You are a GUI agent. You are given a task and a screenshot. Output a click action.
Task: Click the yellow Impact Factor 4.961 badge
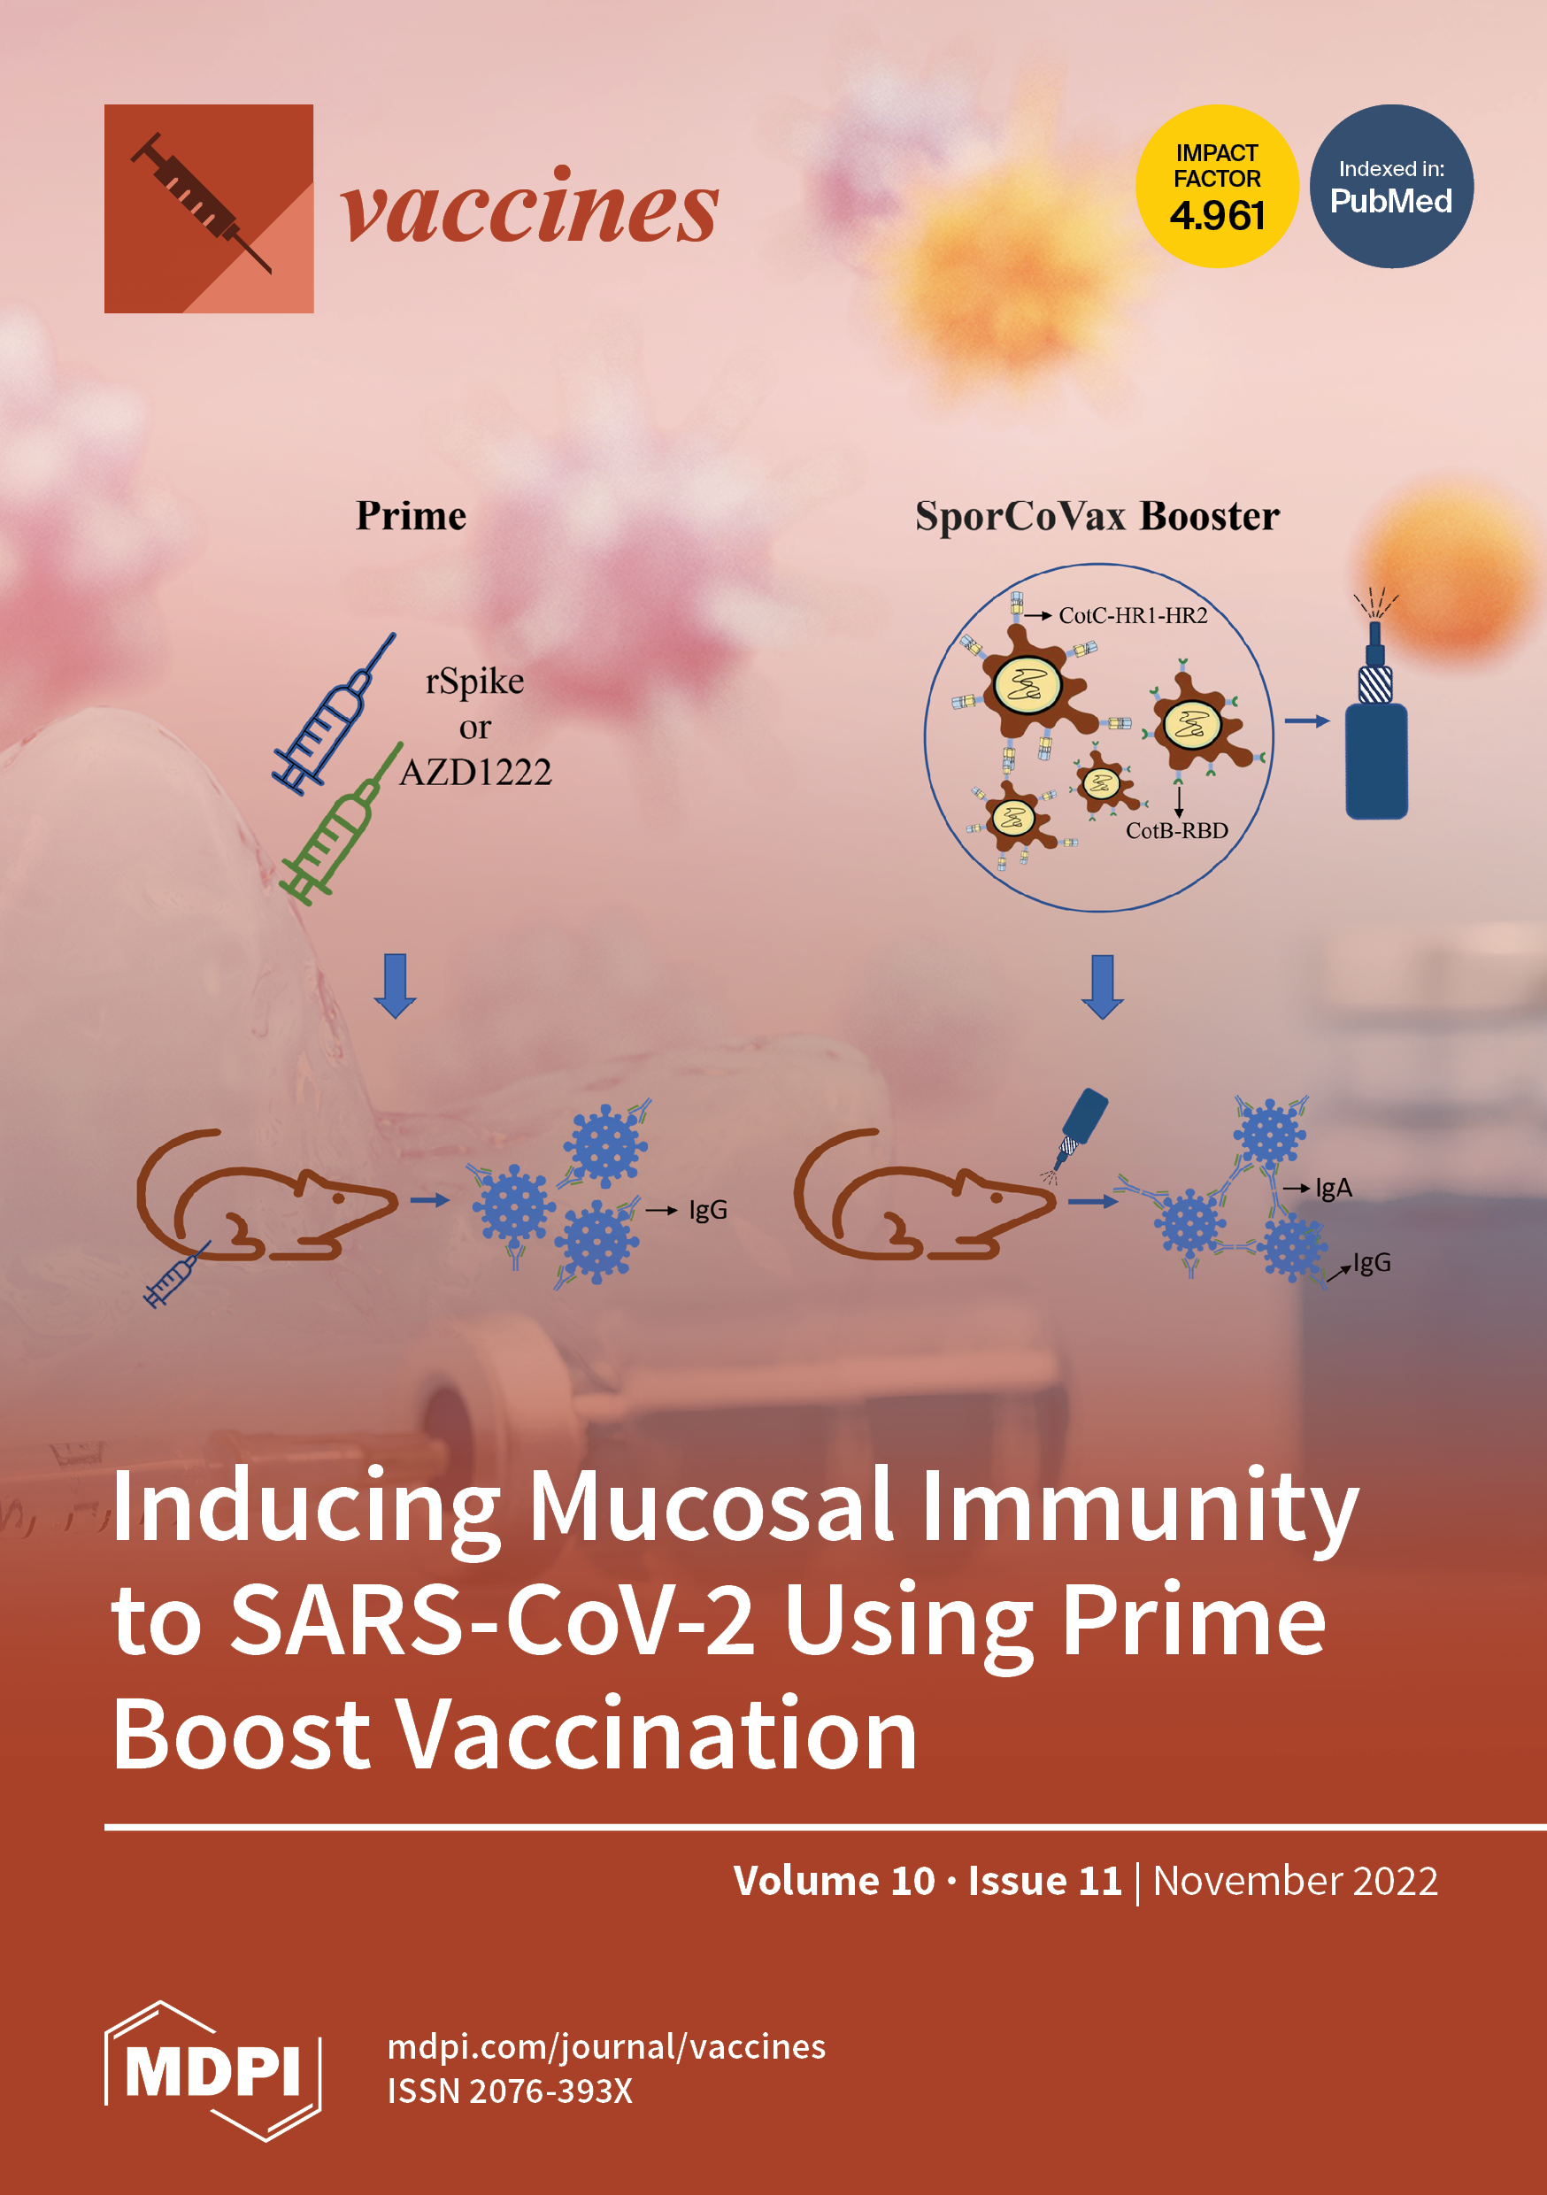[x=1216, y=187]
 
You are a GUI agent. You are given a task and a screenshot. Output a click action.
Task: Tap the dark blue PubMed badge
[x=1391, y=187]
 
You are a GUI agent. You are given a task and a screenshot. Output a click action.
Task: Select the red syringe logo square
[x=209, y=208]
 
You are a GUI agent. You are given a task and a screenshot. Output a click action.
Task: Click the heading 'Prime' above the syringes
[x=412, y=516]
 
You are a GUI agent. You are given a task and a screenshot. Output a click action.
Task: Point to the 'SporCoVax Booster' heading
[x=1097, y=516]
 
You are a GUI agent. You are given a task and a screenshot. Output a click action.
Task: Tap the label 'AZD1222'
[x=475, y=773]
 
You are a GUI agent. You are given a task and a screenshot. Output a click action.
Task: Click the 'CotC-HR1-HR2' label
[x=1132, y=616]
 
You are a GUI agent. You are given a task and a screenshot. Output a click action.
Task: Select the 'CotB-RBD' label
[x=1176, y=831]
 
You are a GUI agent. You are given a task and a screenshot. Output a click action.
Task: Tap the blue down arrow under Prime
[x=395, y=985]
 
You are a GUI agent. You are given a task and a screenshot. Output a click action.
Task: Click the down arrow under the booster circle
[x=1102, y=986]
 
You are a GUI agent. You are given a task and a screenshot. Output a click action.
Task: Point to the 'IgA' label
[x=1333, y=1189]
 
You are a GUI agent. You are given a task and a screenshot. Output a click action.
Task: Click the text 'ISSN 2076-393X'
[x=510, y=2091]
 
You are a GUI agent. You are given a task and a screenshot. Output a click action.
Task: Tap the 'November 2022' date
[x=1295, y=1881]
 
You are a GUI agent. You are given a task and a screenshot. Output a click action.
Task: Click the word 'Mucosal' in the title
[x=711, y=1508]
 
